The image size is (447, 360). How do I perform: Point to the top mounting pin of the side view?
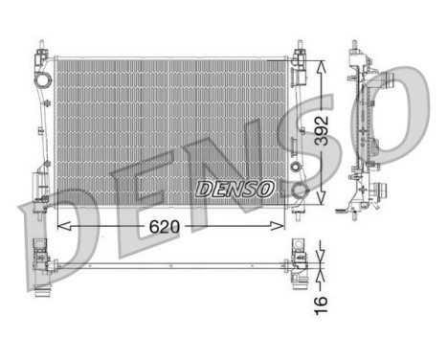click(356, 46)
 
